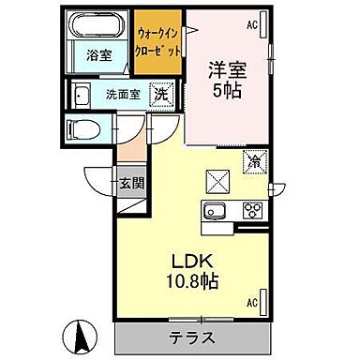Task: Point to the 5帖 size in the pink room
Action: tap(225, 93)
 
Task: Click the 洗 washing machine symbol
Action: tap(161, 94)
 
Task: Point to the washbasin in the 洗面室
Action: tap(81, 94)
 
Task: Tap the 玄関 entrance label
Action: tap(130, 182)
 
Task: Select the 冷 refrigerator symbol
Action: tap(251, 161)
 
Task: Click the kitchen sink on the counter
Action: tap(213, 209)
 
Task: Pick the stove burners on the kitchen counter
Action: tap(250, 209)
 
